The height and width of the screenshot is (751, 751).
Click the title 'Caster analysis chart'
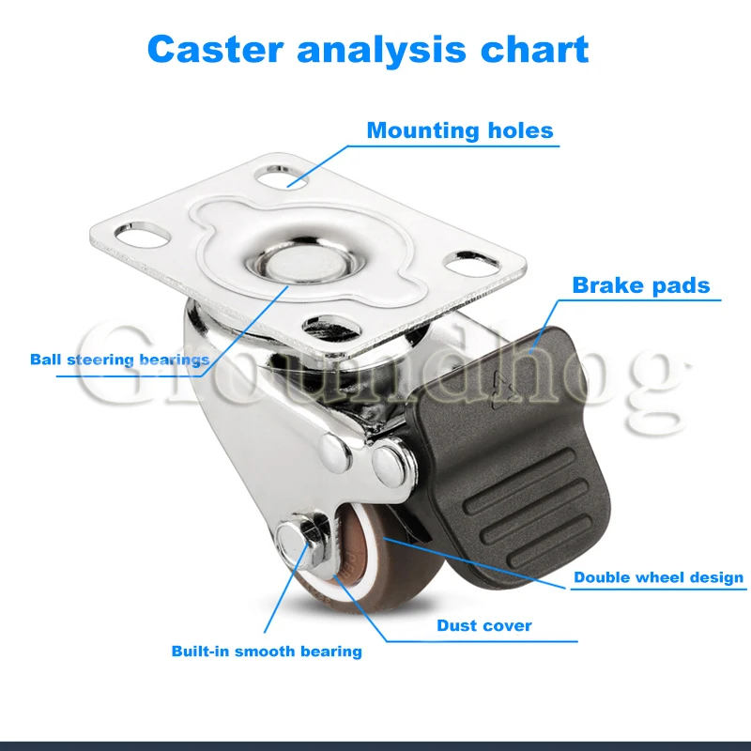coord(368,49)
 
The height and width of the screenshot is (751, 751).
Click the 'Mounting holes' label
coord(460,130)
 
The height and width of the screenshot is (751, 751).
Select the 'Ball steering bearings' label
coord(119,359)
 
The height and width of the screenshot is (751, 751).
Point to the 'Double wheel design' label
coord(659,577)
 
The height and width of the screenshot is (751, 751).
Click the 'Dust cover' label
coord(484,625)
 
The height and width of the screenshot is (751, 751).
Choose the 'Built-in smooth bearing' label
coord(266,651)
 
